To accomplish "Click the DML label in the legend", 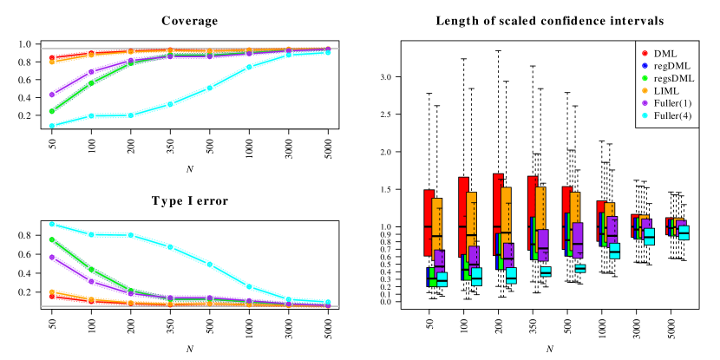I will pyautogui.click(x=665, y=53).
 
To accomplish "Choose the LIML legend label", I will pyautogui.click(x=667, y=90).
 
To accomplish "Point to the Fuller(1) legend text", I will pyautogui.click(x=672, y=102).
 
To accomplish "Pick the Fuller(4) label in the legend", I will pyautogui.click(x=672, y=115).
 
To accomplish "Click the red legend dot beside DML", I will pyautogui.click(x=645, y=53).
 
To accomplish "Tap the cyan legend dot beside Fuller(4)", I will pyautogui.click(x=645, y=115).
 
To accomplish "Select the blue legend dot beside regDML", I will pyautogui.click(x=645, y=65).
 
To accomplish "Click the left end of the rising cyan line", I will pyautogui.click(x=52, y=125).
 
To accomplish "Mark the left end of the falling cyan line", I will pyautogui.click(x=52, y=224).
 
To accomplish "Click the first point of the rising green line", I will pyautogui.click(x=52, y=111).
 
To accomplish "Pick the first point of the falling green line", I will pyautogui.click(x=52, y=239).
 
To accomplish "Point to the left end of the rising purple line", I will pyautogui.click(x=52, y=95).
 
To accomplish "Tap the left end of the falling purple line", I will pyautogui.click(x=52, y=257).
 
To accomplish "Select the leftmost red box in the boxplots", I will pyautogui.click(x=429, y=223).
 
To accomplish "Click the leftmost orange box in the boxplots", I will pyautogui.click(x=437, y=227).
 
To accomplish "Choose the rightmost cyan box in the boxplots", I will pyautogui.click(x=684, y=232).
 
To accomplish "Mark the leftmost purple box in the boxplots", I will pyautogui.click(x=439, y=258).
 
